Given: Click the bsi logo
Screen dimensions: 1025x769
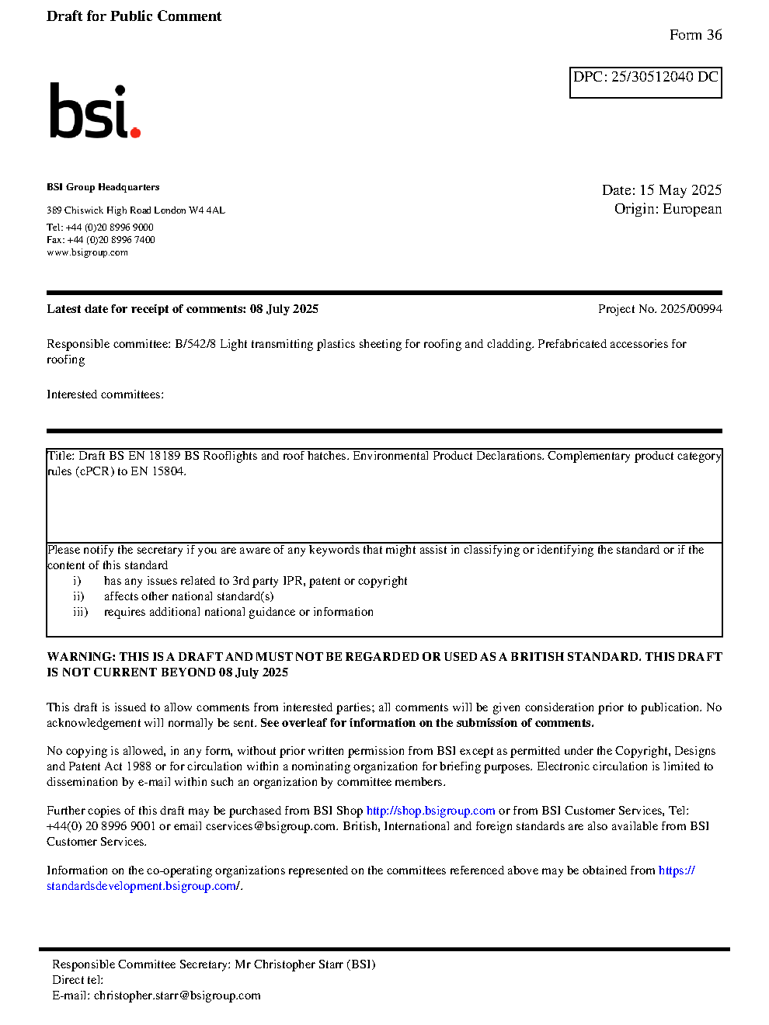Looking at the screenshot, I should pyautogui.click(x=93, y=111).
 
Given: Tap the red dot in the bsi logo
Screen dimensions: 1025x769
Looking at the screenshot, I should pyautogui.click(x=136, y=133).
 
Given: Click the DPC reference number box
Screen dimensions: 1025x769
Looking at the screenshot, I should pyautogui.click(x=645, y=82).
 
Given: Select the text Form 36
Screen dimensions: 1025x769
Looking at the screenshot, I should pyautogui.click(x=695, y=35).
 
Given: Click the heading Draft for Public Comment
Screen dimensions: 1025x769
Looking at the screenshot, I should pyautogui.click(x=134, y=16).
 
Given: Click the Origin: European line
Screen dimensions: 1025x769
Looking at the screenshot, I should pyautogui.click(x=667, y=209).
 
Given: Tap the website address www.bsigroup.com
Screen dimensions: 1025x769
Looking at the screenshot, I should pyautogui.click(x=87, y=252).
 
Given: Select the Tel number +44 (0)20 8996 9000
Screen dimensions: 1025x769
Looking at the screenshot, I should pyautogui.click(x=110, y=228).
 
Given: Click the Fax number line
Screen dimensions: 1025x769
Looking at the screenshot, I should pyautogui.click(x=101, y=240).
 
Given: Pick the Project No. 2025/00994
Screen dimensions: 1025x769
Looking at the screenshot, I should pyautogui.click(x=659, y=309).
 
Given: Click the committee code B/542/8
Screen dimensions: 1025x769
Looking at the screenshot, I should pyautogui.click(x=195, y=344).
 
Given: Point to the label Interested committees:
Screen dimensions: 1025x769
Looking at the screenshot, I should pyautogui.click(x=105, y=394).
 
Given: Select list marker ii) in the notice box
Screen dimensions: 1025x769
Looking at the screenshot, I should pyautogui.click(x=78, y=596).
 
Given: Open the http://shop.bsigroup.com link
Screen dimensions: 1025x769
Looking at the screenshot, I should pyautogui.click(x=430, y=811).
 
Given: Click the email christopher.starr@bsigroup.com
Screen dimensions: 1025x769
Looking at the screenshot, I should pyautogui.click(x=177, y=995).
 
